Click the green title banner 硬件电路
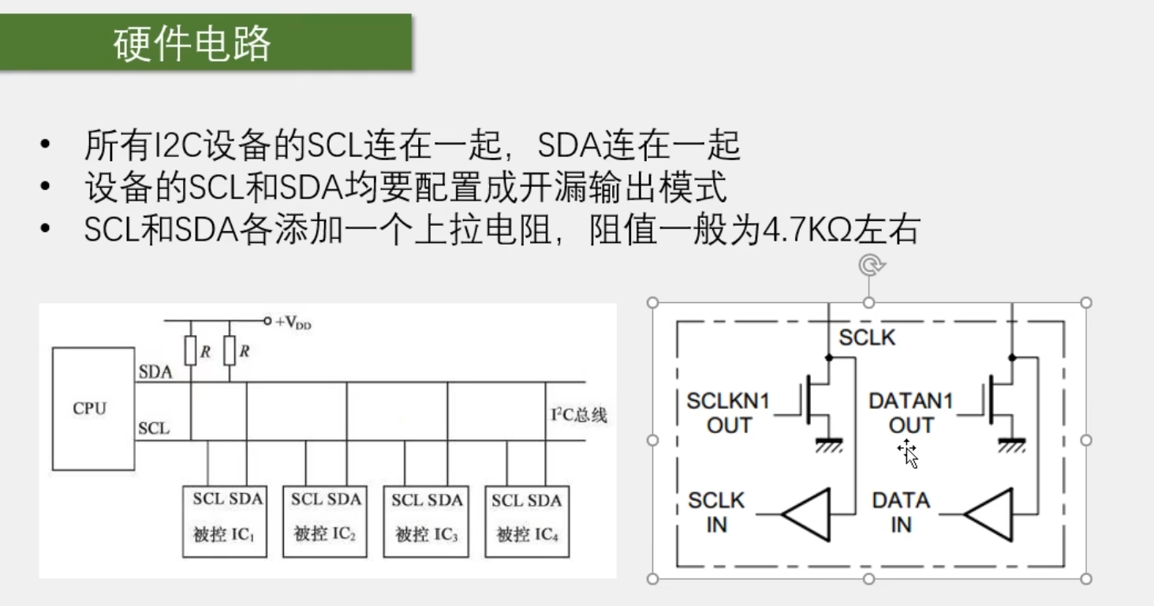tap(206, 43)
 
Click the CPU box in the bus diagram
tap(93, 409)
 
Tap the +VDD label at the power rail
tap(293, 323)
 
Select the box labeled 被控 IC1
tap(225, 522)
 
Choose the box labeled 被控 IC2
tap(325, 522)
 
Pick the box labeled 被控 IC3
tap(426, 522)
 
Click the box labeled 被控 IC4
tap(527, 522)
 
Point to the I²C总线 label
tap(579, 414)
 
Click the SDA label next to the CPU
tap(155, 372)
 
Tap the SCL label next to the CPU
tap(154, 428)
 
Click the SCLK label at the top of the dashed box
tap(867, 338)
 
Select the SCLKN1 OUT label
tap(729, 413)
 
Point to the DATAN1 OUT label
tap(911, 413)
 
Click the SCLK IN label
tap(716, 512)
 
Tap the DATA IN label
tap(901, 512)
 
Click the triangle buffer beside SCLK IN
tap(806, 514)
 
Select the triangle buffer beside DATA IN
tap(988, 514)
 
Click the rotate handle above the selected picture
tap(871, 265)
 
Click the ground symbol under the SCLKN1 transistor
tap(829, 445)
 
